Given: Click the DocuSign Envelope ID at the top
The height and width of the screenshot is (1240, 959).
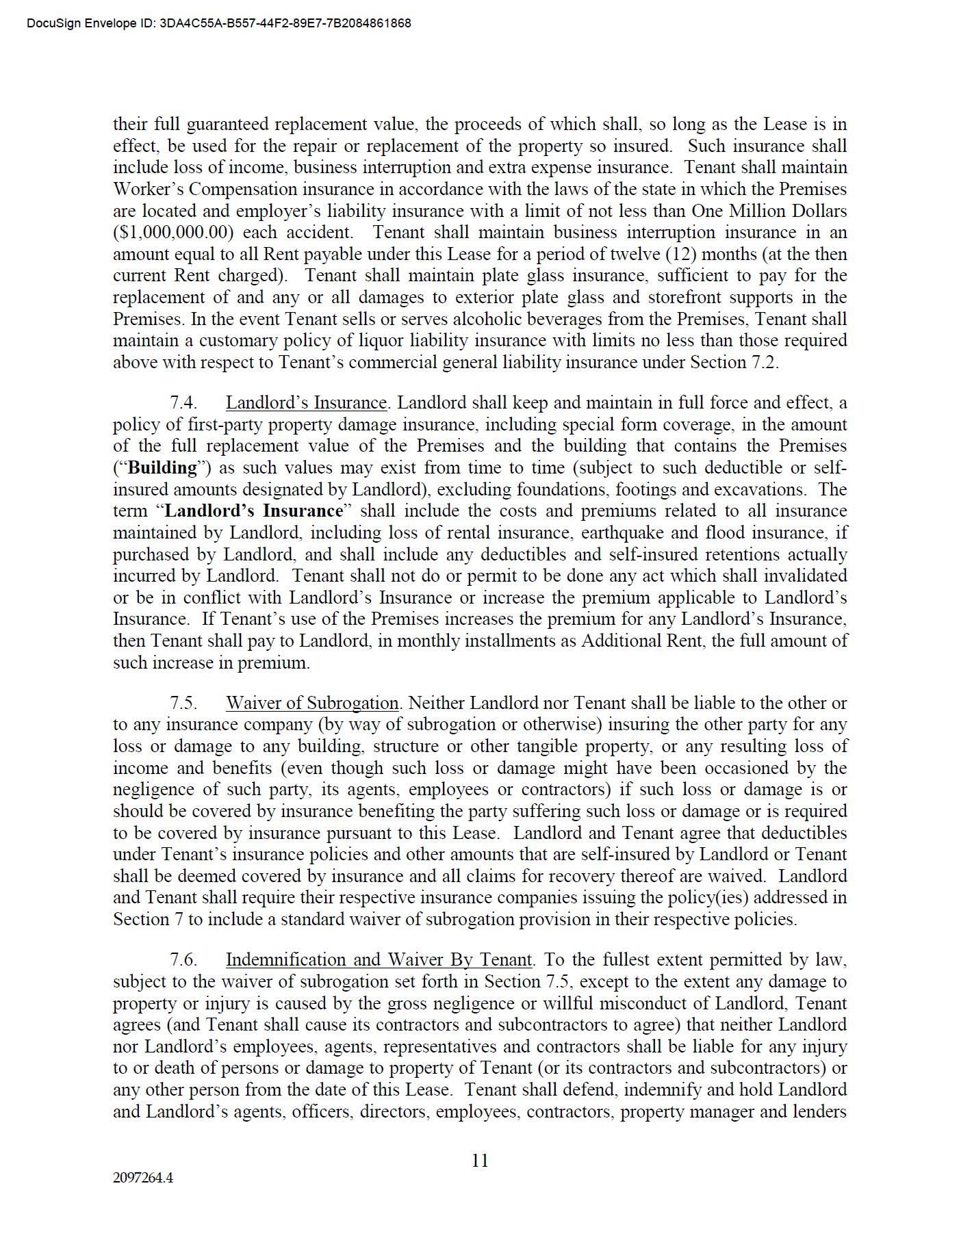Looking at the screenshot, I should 219,23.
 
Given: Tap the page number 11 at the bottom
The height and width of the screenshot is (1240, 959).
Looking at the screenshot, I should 480,1160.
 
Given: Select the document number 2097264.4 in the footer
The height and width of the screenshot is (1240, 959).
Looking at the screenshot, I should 143,1178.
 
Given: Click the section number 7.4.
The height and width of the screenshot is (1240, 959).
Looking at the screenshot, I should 183,402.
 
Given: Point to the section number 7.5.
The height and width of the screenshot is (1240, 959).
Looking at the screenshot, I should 183,703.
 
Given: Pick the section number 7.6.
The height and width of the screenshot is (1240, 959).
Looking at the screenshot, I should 183,959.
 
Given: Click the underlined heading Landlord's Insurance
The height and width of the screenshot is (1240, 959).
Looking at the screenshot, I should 306,402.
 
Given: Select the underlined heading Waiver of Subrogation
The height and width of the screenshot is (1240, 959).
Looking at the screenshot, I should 312,703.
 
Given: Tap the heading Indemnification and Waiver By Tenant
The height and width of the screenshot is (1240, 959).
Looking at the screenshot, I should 379,959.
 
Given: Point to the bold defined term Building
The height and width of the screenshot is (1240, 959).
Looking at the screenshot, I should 163,467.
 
